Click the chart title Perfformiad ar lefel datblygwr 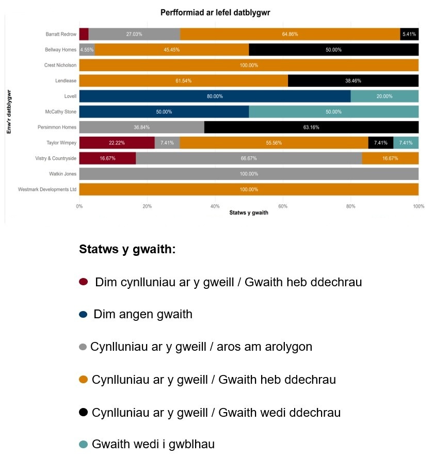[x=219, y=12]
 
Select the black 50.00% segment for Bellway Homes [x=333, y=50]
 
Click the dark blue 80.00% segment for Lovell [x=215, y=96]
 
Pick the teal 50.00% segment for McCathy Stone [x=333, y=112]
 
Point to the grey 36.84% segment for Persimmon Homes [x=141, y=127]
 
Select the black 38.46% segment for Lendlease [x=353, y=81]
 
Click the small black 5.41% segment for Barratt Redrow [x=409, y=34]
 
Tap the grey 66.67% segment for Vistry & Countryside [x=249, y=158]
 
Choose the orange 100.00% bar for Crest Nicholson [x=249, y=66]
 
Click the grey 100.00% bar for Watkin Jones [x=249, y=174]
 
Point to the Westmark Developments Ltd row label [x=47, y=189]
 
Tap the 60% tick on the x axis [x=283, y=206]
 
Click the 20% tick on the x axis [x=147, y=206]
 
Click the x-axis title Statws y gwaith [x=249, y=212]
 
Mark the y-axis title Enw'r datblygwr [x=9, y=112]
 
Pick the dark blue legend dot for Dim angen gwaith [x=83, y=315]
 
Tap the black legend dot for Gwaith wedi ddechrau [x=83, y=412]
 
